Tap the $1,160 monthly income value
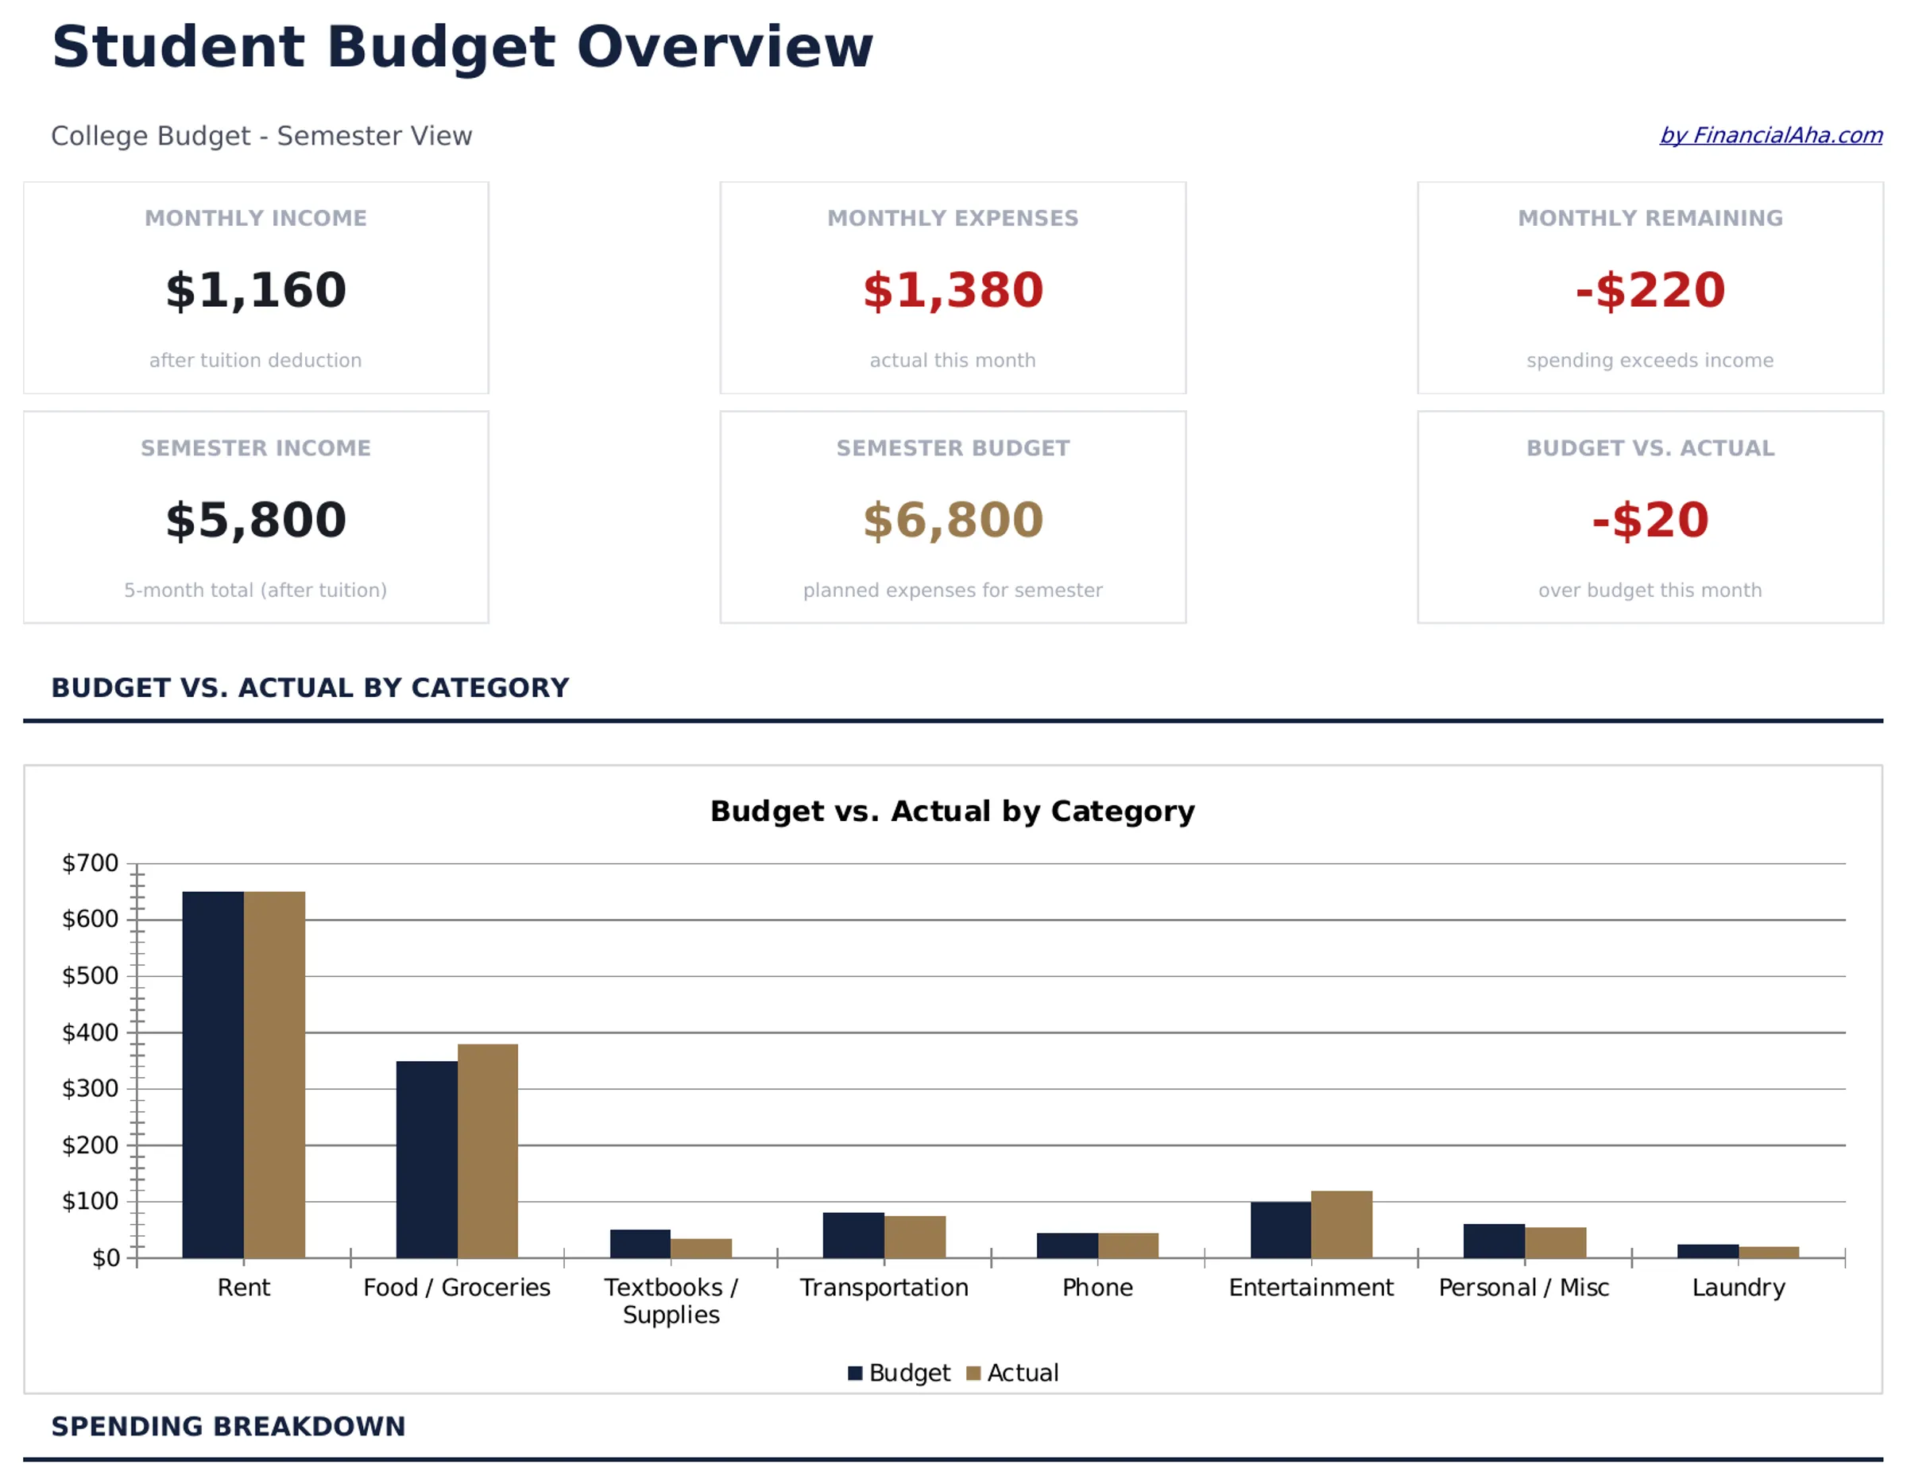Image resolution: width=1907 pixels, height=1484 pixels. pyautogui.click(x=256, y=290)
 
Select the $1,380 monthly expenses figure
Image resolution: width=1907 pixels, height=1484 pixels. pyautogui.click(x=953, y=290)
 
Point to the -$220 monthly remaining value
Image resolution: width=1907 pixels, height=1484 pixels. pyautogui.click(x=1650, y=290)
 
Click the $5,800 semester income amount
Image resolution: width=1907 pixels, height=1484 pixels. pyautogui.click(x=256, y=520)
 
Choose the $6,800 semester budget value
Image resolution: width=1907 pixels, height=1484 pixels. pyautogui.click(x=953, y=520)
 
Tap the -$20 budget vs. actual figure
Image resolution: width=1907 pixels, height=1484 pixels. pyautogui.click(x=1650, y=520)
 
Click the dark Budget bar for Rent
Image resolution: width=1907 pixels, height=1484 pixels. pyautogui.click(x=213, y=1075)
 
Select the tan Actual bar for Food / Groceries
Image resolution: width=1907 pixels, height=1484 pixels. pyautogui.click(x=487, y=1150)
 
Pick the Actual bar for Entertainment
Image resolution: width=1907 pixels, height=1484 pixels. pyautogui.click(x=1341, y=1224)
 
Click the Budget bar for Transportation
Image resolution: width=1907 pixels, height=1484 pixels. pyautogui.click(x=853, y=1234)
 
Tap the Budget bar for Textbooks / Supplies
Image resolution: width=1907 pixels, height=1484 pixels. pyautogui.click(x=640, y=1243)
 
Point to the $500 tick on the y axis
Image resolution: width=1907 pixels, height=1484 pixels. pyautogui.click(x=90, y=975)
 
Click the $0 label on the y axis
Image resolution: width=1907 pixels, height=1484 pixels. pyautogui.click(x=106, y=1257)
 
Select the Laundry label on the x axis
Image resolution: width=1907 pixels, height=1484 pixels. pyautogui.click(x=1738, y=1288)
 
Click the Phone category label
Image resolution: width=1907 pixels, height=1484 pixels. pyautogui.click(x=1097, y=1288)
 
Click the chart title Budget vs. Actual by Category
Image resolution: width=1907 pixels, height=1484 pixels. pyautogui.click(x=952, y=811)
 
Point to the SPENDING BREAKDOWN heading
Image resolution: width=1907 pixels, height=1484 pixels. pyautogui.click(x=228, y=1426)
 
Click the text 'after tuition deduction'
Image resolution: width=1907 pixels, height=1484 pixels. pyautogui.click(x=255, y=360)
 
